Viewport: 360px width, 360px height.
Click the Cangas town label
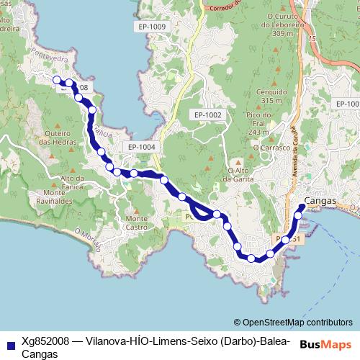point(320,201)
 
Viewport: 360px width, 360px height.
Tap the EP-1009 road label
point(150,27)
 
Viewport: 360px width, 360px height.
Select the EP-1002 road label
point(207,115)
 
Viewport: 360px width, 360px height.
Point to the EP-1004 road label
point(140,147)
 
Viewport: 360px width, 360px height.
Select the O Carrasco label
point(270,147)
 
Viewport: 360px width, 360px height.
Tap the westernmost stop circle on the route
point(56,80)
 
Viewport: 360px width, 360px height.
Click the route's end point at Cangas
point(302,207)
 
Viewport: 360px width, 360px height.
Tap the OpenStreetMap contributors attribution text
point(297,323)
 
